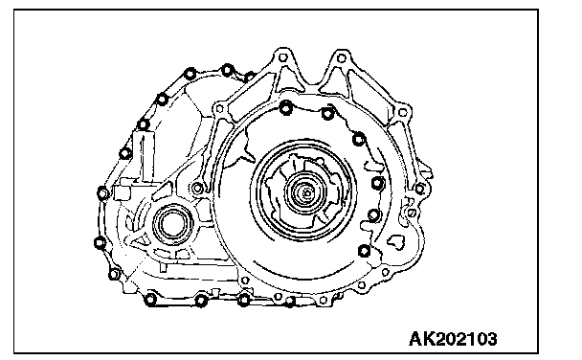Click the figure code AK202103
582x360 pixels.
453,339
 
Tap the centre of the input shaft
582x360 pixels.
306,193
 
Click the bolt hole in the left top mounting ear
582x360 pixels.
282,57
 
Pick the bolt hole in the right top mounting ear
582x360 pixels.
342,58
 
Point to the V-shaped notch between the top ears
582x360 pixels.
312,79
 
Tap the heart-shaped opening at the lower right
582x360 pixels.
396,242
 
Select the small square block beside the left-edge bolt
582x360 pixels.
123,193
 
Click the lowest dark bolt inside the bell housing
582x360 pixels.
365,251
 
